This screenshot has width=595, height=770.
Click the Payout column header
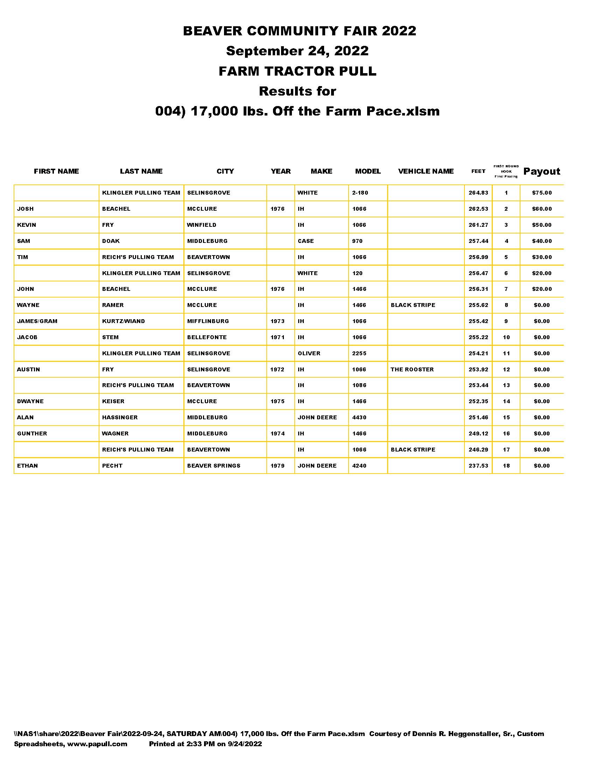[541, 171]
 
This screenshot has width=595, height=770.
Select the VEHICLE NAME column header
[426, 171]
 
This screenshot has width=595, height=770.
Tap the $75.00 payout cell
[542, 193]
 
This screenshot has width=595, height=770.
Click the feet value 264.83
[478, 193]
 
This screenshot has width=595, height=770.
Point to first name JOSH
[26, 209]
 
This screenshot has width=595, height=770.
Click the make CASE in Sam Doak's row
[306, 241]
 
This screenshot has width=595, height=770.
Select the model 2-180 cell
[360, 193]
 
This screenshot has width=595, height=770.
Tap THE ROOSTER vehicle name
[412, 370]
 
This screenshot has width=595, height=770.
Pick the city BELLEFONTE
[207, 337]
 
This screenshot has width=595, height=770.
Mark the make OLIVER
[309, 353]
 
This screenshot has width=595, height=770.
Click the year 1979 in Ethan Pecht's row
[278, 466]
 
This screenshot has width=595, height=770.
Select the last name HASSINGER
[120, 418]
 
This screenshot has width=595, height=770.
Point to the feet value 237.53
[478, 466]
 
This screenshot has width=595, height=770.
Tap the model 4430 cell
[359, 418]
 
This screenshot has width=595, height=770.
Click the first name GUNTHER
[32, 434]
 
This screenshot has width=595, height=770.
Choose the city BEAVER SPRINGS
[213, 466]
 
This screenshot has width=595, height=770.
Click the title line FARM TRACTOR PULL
[297, 71]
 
